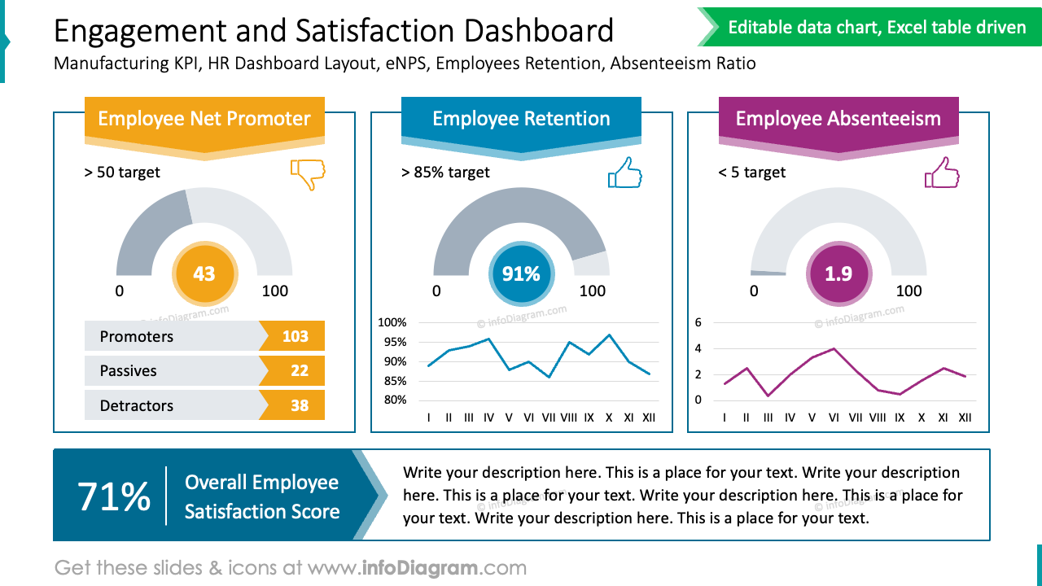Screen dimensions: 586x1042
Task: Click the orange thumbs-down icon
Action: point(308,174)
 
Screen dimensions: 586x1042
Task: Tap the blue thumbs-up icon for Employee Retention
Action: point(624,173)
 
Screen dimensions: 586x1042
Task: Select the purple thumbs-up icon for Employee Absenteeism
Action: point(941,173)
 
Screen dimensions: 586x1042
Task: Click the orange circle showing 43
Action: point(204,274)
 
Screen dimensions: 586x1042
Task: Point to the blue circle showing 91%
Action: point(521,274)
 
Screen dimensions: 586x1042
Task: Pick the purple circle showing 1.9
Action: point(838,274)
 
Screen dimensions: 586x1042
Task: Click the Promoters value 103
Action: point(295,336)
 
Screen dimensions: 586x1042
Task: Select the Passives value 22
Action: point(299,370)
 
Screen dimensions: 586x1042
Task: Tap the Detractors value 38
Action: point(299,405)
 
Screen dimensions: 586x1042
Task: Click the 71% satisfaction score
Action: point(114,496)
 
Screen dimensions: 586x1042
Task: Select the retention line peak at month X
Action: point(609,335)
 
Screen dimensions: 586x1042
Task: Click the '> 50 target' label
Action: point(122,173)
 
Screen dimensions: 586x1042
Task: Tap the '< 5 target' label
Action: point(752,173)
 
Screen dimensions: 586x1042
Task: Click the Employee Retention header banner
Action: point(521,119)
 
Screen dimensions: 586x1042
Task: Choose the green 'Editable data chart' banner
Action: point(876,28)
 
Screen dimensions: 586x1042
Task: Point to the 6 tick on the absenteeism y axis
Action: point(698,322)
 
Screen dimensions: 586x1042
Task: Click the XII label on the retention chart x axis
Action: point(648,418)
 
